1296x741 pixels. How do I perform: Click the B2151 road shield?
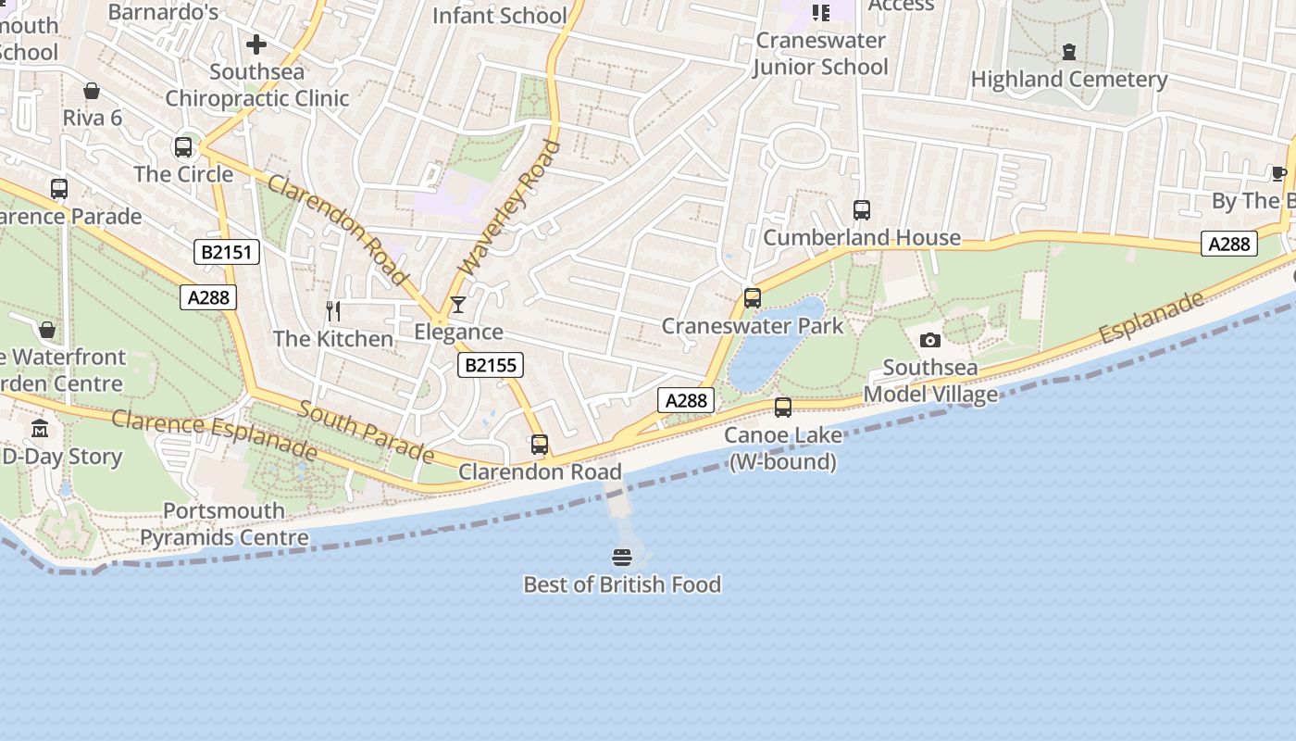tap(227, 252)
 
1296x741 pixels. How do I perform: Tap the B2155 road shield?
tap(490, 365)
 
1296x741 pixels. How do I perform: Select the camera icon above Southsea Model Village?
tap(930, 341)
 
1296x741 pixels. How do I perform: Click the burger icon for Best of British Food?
tap(622, 558)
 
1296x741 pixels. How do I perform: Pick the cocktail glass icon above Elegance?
tap(457, 305)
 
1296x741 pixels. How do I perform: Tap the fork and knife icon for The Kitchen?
tap(333, 311)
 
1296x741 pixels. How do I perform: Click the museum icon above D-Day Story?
tap(40, 429)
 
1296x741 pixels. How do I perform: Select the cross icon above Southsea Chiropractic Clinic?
tap(256, 44)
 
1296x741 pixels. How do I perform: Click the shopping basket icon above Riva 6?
tap(92, 91)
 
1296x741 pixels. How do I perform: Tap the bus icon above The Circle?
tap(183, 147)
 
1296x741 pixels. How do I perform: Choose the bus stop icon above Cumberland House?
tap(862, 210)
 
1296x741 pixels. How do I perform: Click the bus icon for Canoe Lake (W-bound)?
tap(783, 408)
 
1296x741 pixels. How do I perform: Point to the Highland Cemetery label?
tap(1069, 80)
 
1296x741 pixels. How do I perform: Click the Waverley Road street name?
tap(510, 207)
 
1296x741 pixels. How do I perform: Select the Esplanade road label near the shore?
tap(1152, 317)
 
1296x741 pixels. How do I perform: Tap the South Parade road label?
tap(366, 433)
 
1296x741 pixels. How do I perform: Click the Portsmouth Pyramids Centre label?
tap(224, 524)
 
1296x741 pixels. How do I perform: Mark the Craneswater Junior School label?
tap(821, 54)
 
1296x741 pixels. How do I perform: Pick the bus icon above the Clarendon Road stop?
tap(540, 445)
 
